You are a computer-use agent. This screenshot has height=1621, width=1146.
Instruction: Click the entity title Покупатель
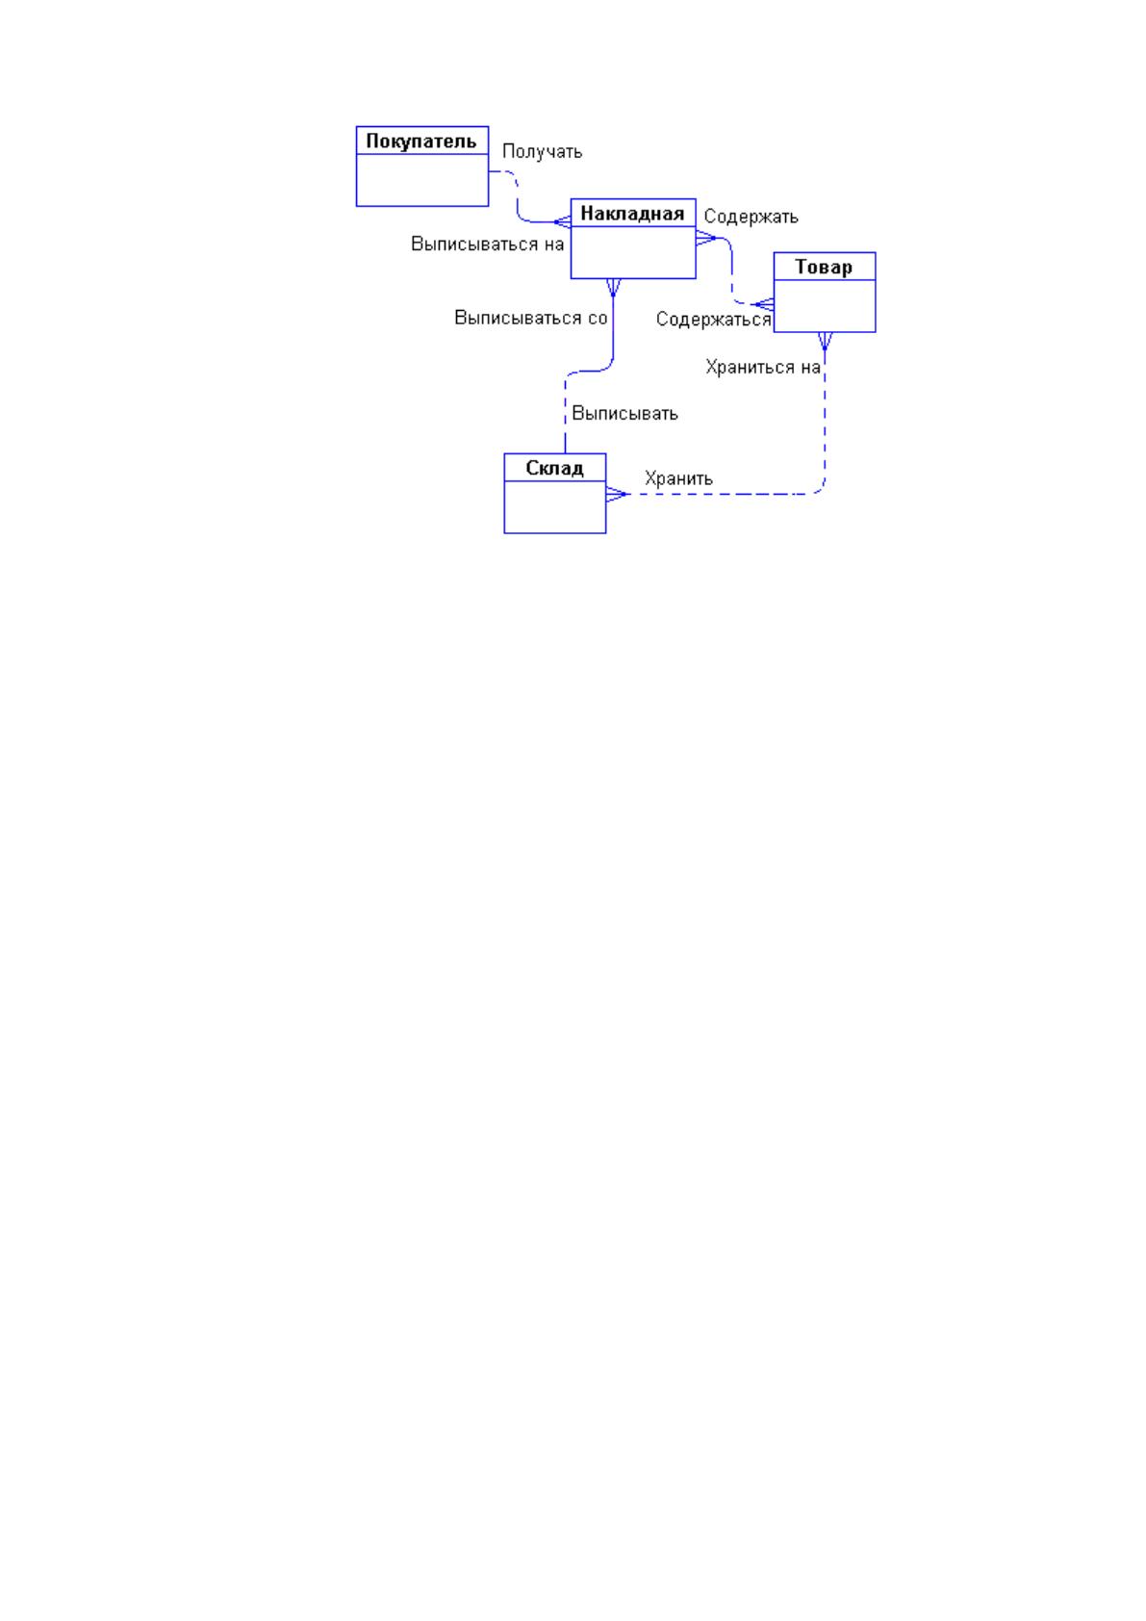(x=421, y=142)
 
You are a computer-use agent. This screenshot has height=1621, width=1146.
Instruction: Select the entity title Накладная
(x=632, y=214)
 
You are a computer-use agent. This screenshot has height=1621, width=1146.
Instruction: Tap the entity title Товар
(x=824, y=267)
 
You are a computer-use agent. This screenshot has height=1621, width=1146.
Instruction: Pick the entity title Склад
(x=554, y=468)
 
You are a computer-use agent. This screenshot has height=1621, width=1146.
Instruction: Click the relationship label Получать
(x=542, y=151)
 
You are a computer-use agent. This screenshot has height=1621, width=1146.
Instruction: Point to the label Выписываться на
(x=487, y=244)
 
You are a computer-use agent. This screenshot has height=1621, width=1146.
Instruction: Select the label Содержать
(x=751, y=217)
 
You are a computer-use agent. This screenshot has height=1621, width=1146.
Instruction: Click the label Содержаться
(x=713, y=320)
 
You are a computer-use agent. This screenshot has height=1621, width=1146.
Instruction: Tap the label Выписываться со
(x=530, y=318)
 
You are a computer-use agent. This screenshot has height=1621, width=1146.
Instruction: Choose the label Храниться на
(x=762, y=367)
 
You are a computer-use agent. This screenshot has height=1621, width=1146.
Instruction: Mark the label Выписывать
(x=624, y=413)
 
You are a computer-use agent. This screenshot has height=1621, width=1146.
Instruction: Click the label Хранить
(x=678, y=478)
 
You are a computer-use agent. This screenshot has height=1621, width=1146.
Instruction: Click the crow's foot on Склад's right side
(x=617, y=494)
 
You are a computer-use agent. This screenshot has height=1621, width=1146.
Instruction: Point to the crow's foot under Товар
(x=825, y=341)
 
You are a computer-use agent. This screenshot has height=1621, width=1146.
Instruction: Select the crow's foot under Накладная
(x=614, y=287)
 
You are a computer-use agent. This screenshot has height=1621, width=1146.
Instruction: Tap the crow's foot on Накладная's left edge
(x=562, y=222)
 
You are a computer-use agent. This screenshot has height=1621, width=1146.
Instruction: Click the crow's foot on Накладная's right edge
(x=705, y=238)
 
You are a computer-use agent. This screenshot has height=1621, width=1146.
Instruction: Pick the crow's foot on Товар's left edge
(x=763, y=305)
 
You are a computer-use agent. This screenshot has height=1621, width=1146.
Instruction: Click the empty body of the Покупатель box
(x=421, y=179)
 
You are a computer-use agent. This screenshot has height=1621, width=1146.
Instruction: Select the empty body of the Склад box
(x=554, y=506)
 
